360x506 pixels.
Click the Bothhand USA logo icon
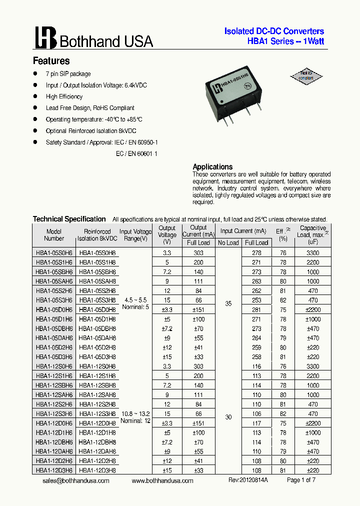45,37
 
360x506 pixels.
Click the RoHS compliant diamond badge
306,76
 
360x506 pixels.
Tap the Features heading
51,61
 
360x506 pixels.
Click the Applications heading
212,166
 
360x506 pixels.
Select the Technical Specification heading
69,219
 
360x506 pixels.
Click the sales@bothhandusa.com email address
75,480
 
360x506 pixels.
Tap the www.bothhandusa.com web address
162,480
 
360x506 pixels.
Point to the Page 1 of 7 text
301,480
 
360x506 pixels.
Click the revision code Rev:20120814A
248,480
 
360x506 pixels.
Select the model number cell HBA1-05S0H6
54,253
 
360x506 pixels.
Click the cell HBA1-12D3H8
97,470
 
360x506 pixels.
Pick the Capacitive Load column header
313,234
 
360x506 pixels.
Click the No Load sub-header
228,243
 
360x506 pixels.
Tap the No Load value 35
228,303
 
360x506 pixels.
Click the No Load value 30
228,417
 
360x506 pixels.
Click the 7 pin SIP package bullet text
68,74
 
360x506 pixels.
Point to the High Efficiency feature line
64,96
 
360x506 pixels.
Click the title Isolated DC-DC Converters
274,31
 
